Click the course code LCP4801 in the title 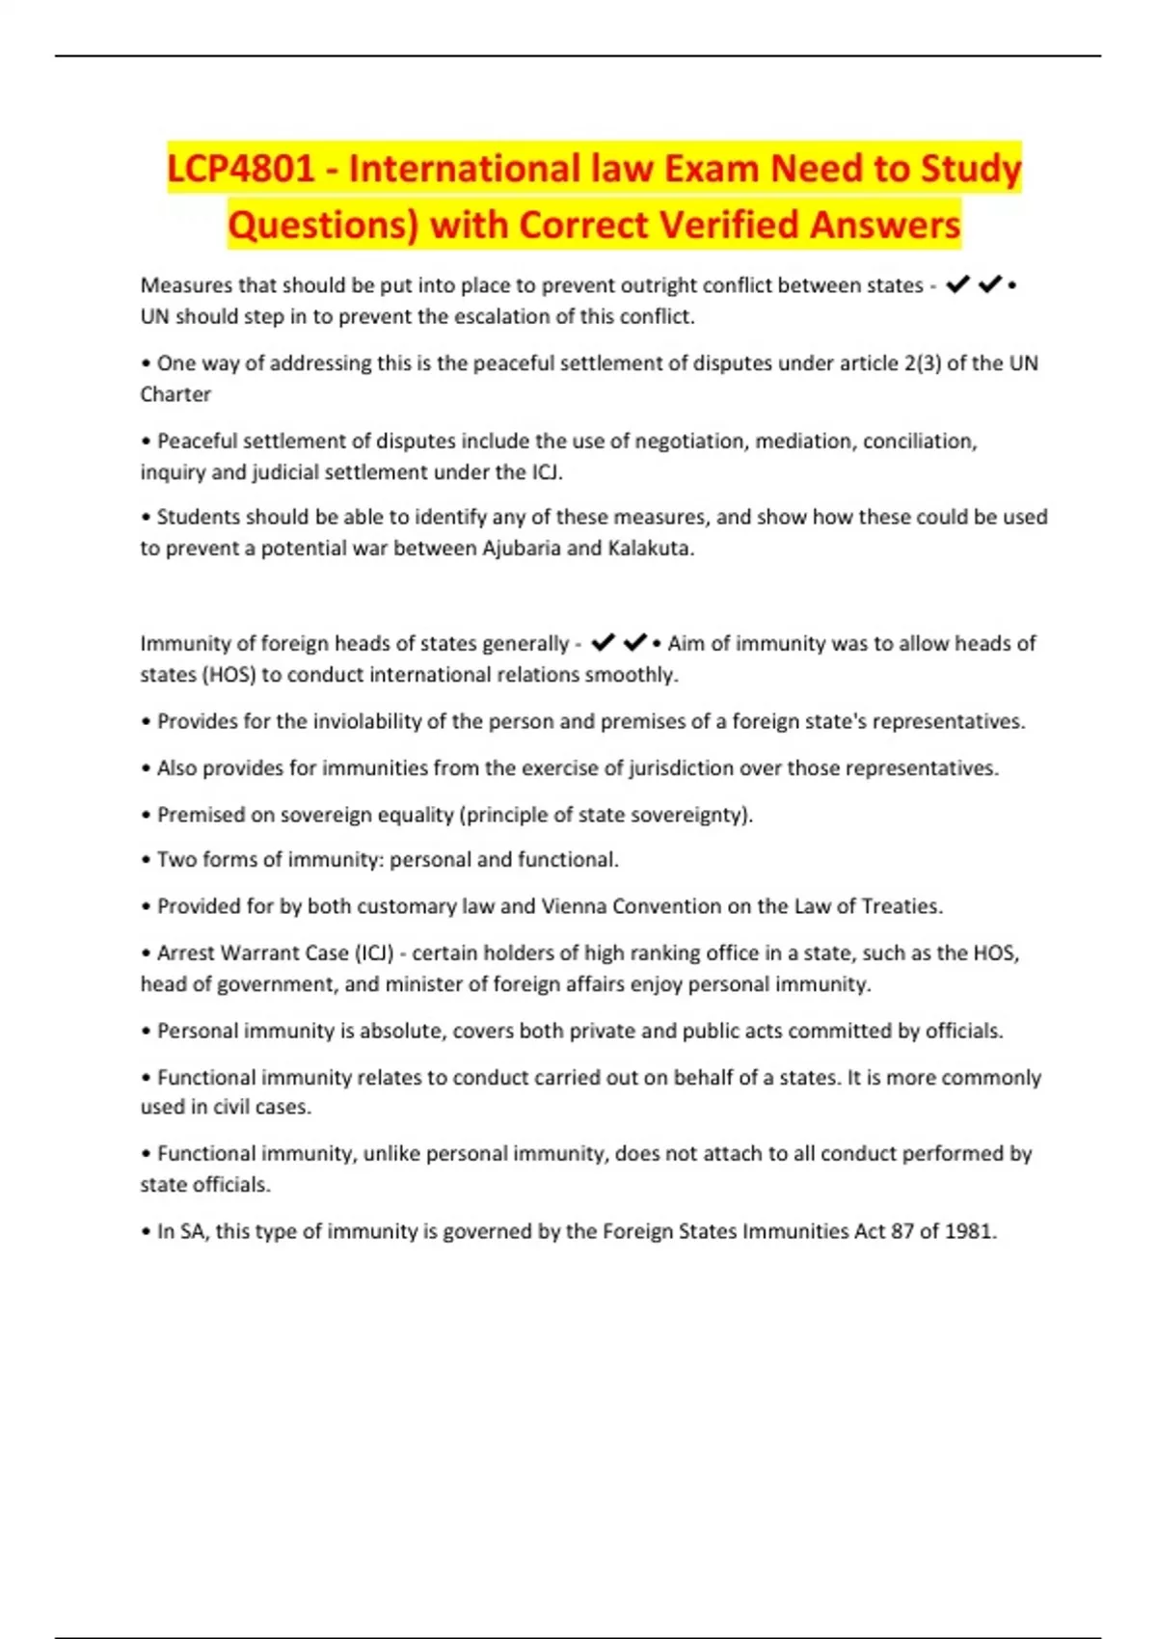tap(241, 169)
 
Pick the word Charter tap(175, 394)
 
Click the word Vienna tap(574, 906)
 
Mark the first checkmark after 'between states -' tap(957, 284)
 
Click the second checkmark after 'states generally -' tap(634, 642)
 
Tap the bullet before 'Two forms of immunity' tap(147, 860)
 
